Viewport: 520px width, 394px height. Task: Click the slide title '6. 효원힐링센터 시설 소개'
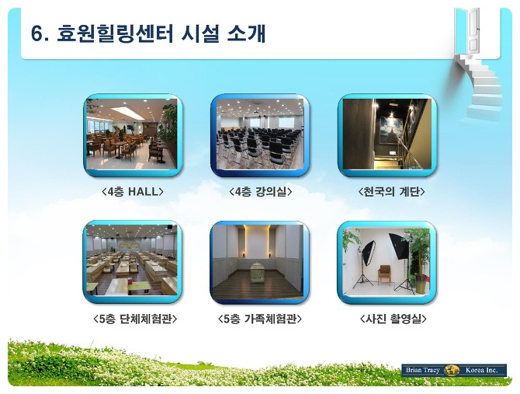click(x=148, y=33)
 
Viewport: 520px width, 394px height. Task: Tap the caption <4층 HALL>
click(x=133, y=191)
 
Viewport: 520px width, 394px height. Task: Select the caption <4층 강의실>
click(x=260, y=191)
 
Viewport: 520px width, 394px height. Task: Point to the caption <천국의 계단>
click(x=391, y=191)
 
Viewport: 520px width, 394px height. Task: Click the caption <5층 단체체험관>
click(x=135, y=319)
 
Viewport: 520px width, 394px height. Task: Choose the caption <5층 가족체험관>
click(x=260, y=319)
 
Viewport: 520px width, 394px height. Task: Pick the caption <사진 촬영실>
click(x=393, y=319)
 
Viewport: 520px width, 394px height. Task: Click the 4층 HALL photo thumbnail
click(x=133, y=134)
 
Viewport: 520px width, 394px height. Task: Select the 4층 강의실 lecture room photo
click(x=260, y=135)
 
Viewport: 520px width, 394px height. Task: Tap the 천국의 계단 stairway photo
click(x=387, y=135)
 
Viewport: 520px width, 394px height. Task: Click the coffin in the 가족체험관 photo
click(x=255, y=273)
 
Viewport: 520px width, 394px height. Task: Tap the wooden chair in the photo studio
click(x=384, y=275)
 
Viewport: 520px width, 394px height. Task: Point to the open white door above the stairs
click(x=473, y=30)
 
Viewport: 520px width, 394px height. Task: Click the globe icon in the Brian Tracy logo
click(x=452, y=370)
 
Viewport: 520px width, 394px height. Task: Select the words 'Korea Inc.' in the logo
click(x=481, y=370)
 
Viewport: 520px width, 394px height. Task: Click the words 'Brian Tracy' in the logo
click(x=422, y=370)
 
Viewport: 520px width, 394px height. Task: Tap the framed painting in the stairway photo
click(x=391, y=131)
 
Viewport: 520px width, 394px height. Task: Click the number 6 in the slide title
click(x=37, y=33)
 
